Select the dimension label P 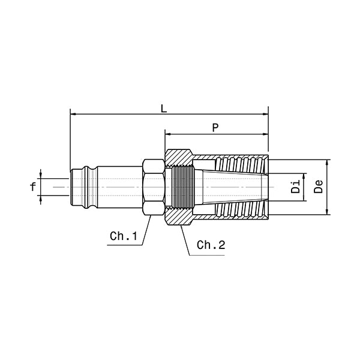[x=215, y=127]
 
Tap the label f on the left [x=33, y=187]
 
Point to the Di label [x=295, y=186]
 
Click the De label [x=319, y=186]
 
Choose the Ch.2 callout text [x=211, y=245]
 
